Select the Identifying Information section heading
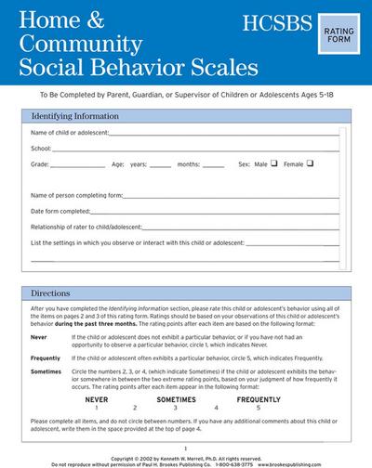[x=74, y=117]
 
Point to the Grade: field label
[x=39, y=164]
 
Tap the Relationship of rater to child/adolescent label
[x=88, y=227]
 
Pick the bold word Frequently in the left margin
[x=45, y=357]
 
